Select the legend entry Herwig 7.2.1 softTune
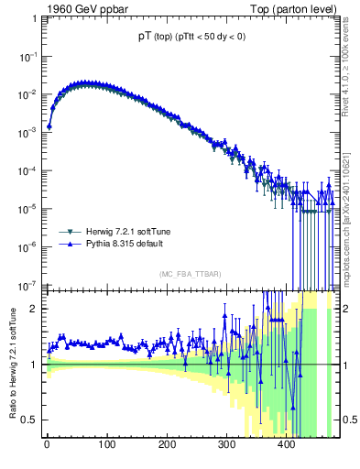pyautogui.click(x=122, y=232)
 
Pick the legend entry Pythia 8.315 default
pyautogui.click(x=120, y=245)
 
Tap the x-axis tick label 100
pyautogui.click(x=106, y=446)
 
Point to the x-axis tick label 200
pyautogui.click(x=167, y=446)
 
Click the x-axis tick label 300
pyautogui.click(x=226, y=446)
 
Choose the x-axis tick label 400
pyautogui.click(x=286, y=446)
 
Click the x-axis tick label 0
pyautogui.click(x=47, y=446)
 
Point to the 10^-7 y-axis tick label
pyautogui.click(x=31, y=284)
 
